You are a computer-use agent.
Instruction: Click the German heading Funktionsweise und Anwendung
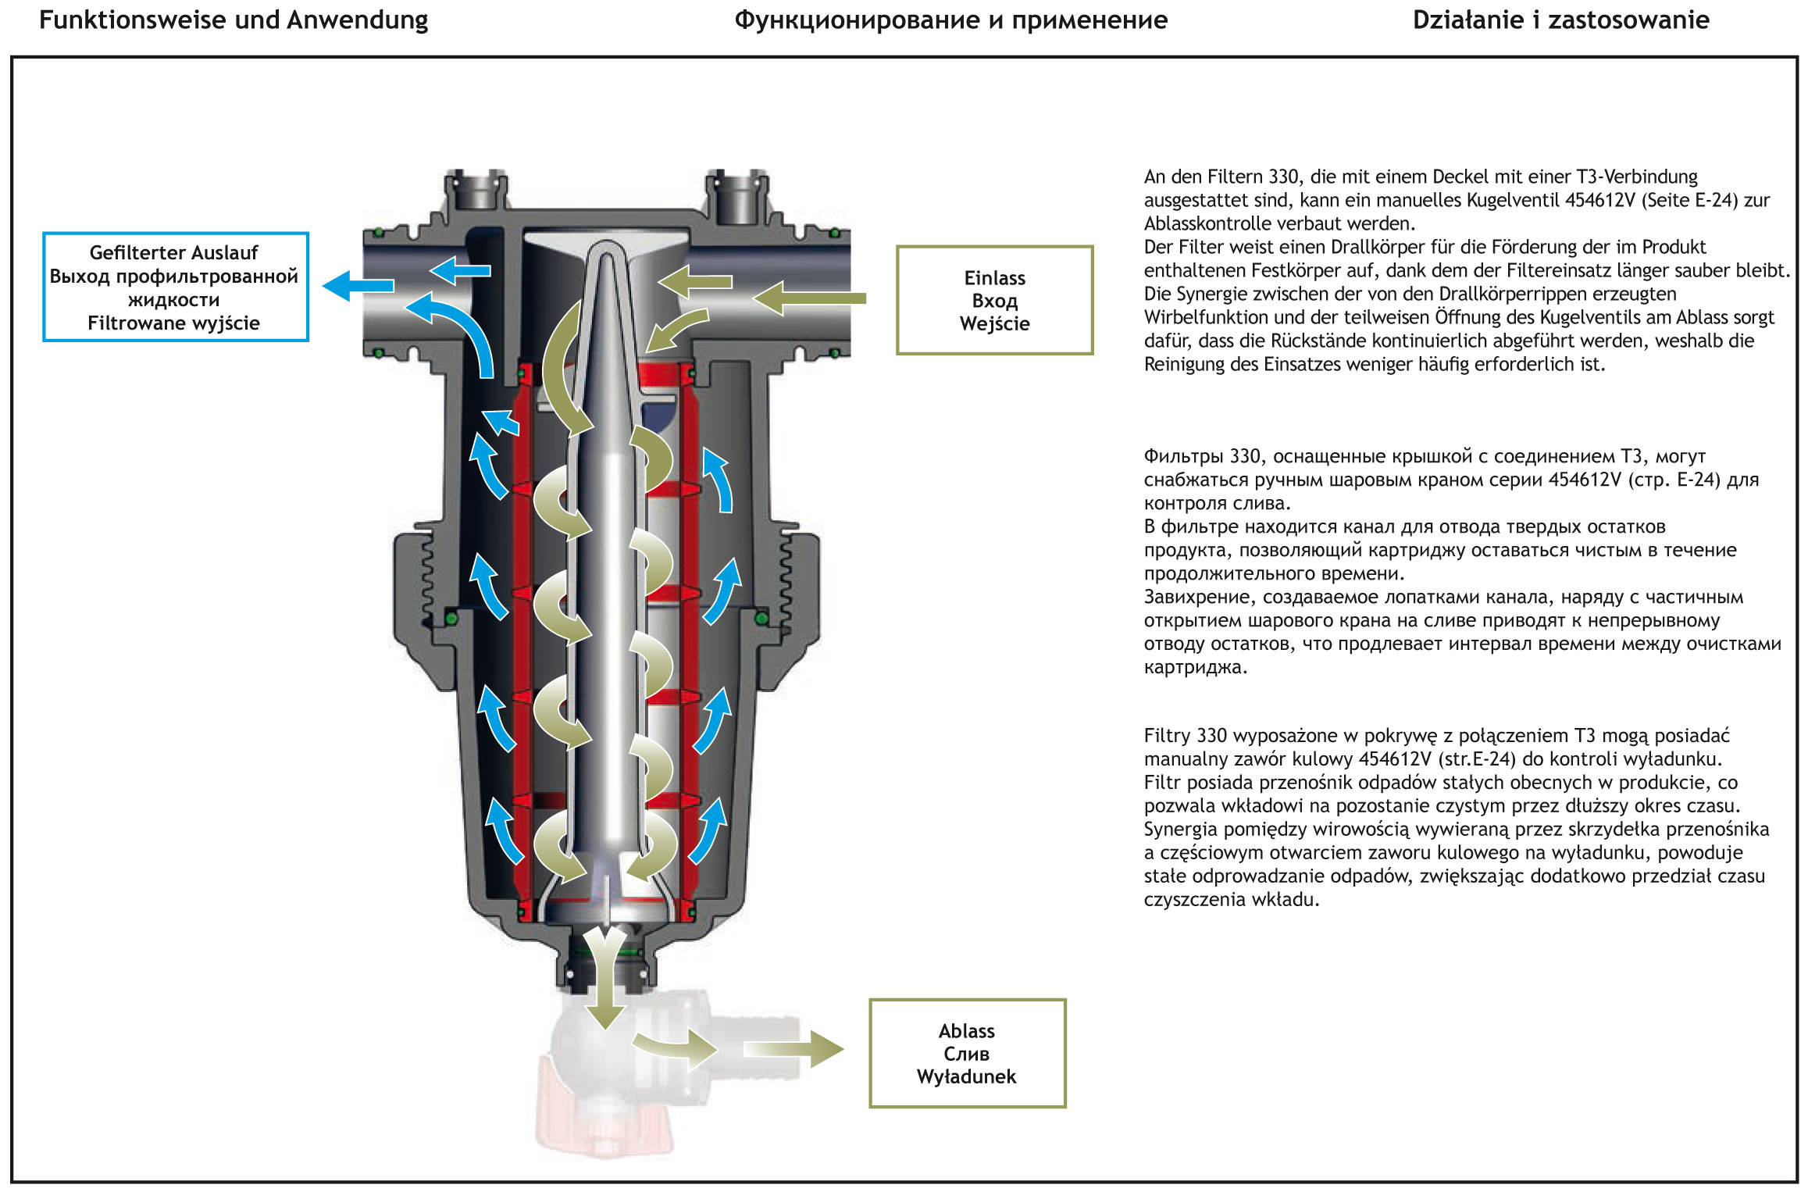point(234,20)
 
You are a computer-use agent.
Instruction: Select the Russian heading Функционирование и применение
point(950,20)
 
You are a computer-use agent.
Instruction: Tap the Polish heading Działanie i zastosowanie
point(1560,20)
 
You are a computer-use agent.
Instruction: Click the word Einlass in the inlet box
point(994,278)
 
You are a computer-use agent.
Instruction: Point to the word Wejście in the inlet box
point(994,323)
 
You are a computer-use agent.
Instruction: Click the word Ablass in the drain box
point(966,1031)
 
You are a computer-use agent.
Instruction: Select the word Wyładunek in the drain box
point(966,1076)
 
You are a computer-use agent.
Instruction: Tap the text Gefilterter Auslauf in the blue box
point(173,252)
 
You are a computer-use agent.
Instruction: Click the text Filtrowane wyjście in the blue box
point(173,323)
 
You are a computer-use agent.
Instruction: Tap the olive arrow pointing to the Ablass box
point(793,1049)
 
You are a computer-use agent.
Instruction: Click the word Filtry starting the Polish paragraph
point(1167,736)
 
